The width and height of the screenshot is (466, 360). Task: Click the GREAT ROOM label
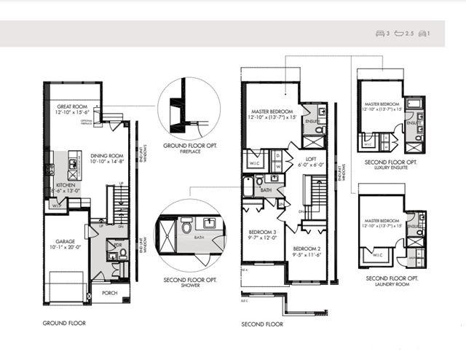72,106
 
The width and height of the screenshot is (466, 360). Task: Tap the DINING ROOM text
107,155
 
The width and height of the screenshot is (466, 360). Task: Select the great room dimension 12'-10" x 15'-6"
72,112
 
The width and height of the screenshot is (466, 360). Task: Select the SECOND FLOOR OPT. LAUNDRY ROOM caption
391,281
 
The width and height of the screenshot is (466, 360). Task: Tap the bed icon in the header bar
379,34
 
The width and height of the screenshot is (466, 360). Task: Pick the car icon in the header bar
422,34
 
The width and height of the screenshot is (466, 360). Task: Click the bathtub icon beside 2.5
398,34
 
